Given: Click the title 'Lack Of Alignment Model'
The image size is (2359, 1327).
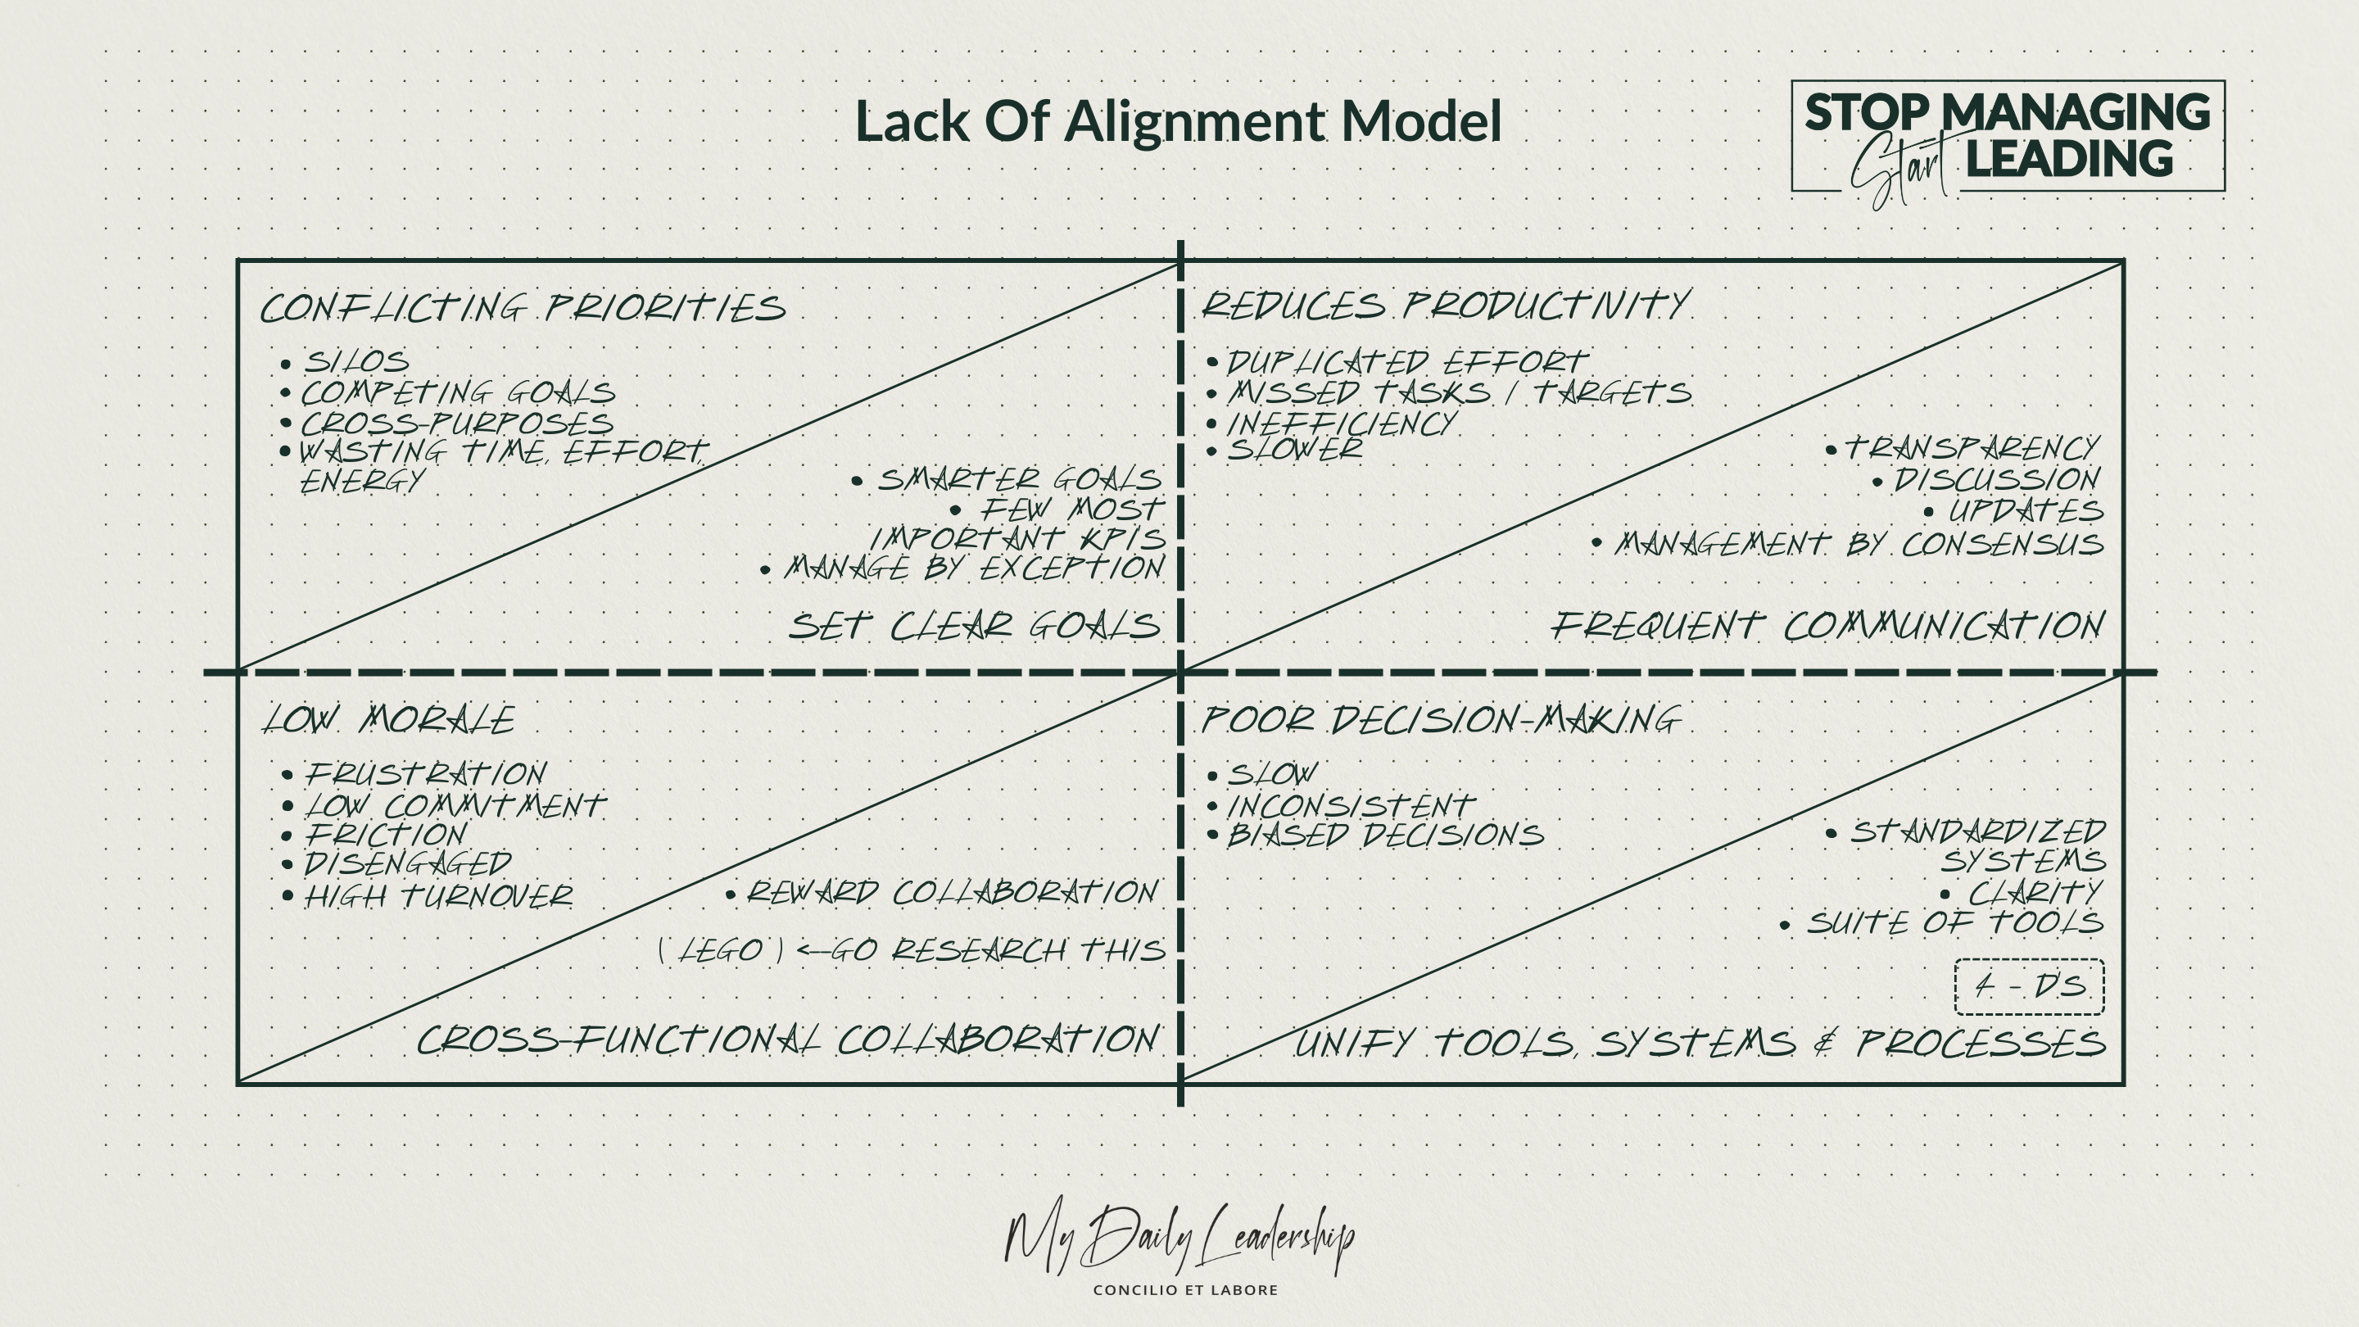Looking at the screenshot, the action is tap(1178, 122).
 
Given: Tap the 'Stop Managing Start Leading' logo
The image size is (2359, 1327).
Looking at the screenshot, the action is tap(2008, 138).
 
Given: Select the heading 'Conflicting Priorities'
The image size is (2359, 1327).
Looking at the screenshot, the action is tap(523, 308).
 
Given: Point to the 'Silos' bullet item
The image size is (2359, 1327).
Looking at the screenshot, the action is tap(356, 362).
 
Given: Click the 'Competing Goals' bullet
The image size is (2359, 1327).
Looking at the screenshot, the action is tap(458, 393).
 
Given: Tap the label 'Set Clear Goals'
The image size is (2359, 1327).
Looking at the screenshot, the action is tap(975, 627).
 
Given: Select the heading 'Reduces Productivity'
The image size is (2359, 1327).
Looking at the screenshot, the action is tap(1445, 306).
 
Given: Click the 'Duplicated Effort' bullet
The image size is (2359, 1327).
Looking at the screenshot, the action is tap(1406, 363).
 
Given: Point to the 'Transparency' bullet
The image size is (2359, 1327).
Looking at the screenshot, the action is tap(1971, 449).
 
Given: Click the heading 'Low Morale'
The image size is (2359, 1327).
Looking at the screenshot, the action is tap(389, 720).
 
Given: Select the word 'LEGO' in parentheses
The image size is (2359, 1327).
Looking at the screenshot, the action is tap(721, 950).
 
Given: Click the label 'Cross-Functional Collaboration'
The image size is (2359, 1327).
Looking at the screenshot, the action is tap(787, 1040).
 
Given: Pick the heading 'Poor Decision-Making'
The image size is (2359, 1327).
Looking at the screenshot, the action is tap(1442, 720).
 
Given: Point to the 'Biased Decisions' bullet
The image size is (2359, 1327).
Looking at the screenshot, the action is tap(1384, 836).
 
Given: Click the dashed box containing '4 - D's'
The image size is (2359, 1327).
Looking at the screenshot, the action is tap(2030, 986).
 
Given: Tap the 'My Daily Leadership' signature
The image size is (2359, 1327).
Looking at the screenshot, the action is tap(1179, 1239).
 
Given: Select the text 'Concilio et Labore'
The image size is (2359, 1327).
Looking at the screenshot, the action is tap(1185, 1290).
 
